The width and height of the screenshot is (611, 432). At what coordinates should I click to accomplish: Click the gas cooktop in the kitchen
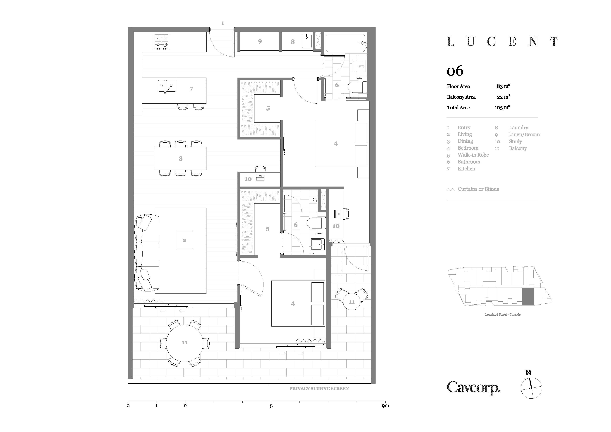pos(162,42)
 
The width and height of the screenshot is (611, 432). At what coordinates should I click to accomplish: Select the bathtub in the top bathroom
pos(346,43)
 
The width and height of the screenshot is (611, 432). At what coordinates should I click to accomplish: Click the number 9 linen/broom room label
pos(260,41)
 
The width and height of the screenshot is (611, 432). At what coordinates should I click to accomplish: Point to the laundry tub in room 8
pos(307,41)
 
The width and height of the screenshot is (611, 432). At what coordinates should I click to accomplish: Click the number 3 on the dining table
pos(181,159)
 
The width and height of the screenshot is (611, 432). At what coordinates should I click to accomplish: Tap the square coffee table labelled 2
pos(184,240)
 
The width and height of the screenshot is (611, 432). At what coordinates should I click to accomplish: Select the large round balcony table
pos(185,343)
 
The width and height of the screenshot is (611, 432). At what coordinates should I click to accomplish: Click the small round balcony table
pos(352,302)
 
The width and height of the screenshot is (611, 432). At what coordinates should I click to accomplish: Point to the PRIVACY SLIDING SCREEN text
pos(319,389)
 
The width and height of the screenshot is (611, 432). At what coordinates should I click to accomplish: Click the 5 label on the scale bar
pos(271,407)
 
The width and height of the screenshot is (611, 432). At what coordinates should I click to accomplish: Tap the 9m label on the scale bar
pos(385,406)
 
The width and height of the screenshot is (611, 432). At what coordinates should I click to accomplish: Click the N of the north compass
pos(528,373)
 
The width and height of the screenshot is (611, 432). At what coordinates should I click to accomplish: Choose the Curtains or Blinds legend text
pos(478,189)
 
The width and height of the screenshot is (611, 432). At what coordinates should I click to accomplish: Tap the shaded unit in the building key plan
pos(528,296)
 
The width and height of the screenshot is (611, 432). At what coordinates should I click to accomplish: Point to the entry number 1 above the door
pos(223,23)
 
